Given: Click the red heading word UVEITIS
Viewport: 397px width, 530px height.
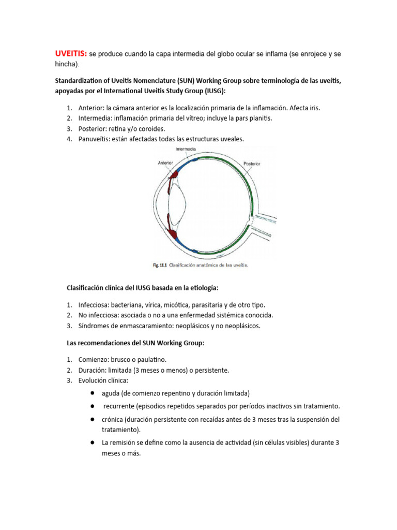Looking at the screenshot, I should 71,54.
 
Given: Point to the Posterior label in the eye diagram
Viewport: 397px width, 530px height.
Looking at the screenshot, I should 252,164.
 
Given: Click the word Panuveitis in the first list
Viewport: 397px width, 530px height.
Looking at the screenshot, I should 94,139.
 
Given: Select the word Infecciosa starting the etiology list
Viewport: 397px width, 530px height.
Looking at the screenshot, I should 94,305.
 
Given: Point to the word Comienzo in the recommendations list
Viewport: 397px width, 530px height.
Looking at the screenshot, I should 95,359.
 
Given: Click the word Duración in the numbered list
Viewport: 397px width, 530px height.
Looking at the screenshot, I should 94,370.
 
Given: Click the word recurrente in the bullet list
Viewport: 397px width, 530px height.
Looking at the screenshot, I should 120,406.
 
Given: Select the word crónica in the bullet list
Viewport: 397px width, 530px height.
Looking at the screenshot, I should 114,419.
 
